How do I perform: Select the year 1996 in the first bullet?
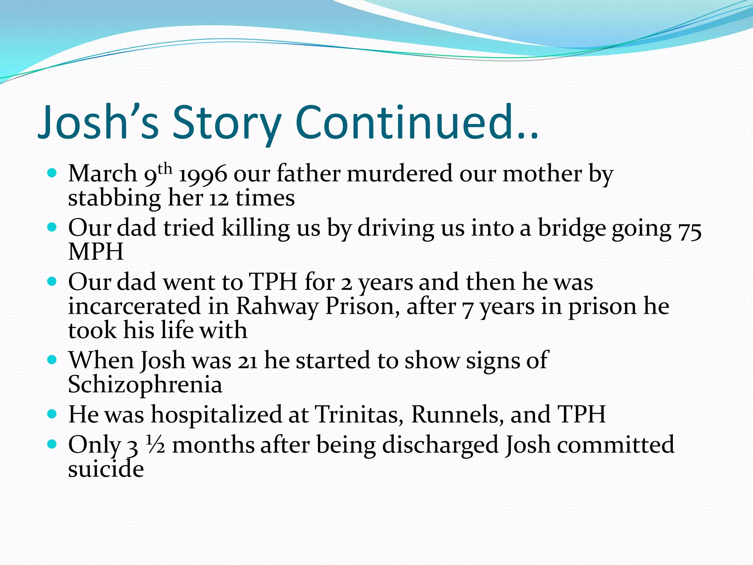203,174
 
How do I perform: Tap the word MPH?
96,252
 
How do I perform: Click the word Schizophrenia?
145,385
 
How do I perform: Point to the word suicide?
106,469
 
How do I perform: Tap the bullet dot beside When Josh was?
52,359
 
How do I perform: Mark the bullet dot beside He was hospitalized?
52,414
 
